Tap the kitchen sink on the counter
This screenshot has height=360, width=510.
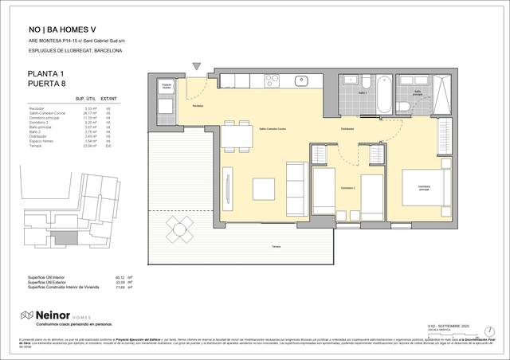pyautogui.click(x=303, y=80)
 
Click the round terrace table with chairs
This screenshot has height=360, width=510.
pyautogui.click(x=180, y=229)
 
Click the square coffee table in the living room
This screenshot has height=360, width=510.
pyautogui.click(x=265, y=189)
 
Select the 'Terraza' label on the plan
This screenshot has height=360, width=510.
pyautogui.click(x=275, y=248)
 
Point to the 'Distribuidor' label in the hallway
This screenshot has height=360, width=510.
pyautogui.click(x=347, y=128)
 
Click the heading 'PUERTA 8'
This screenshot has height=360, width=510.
pyautogui.click(x=48, y=84)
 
